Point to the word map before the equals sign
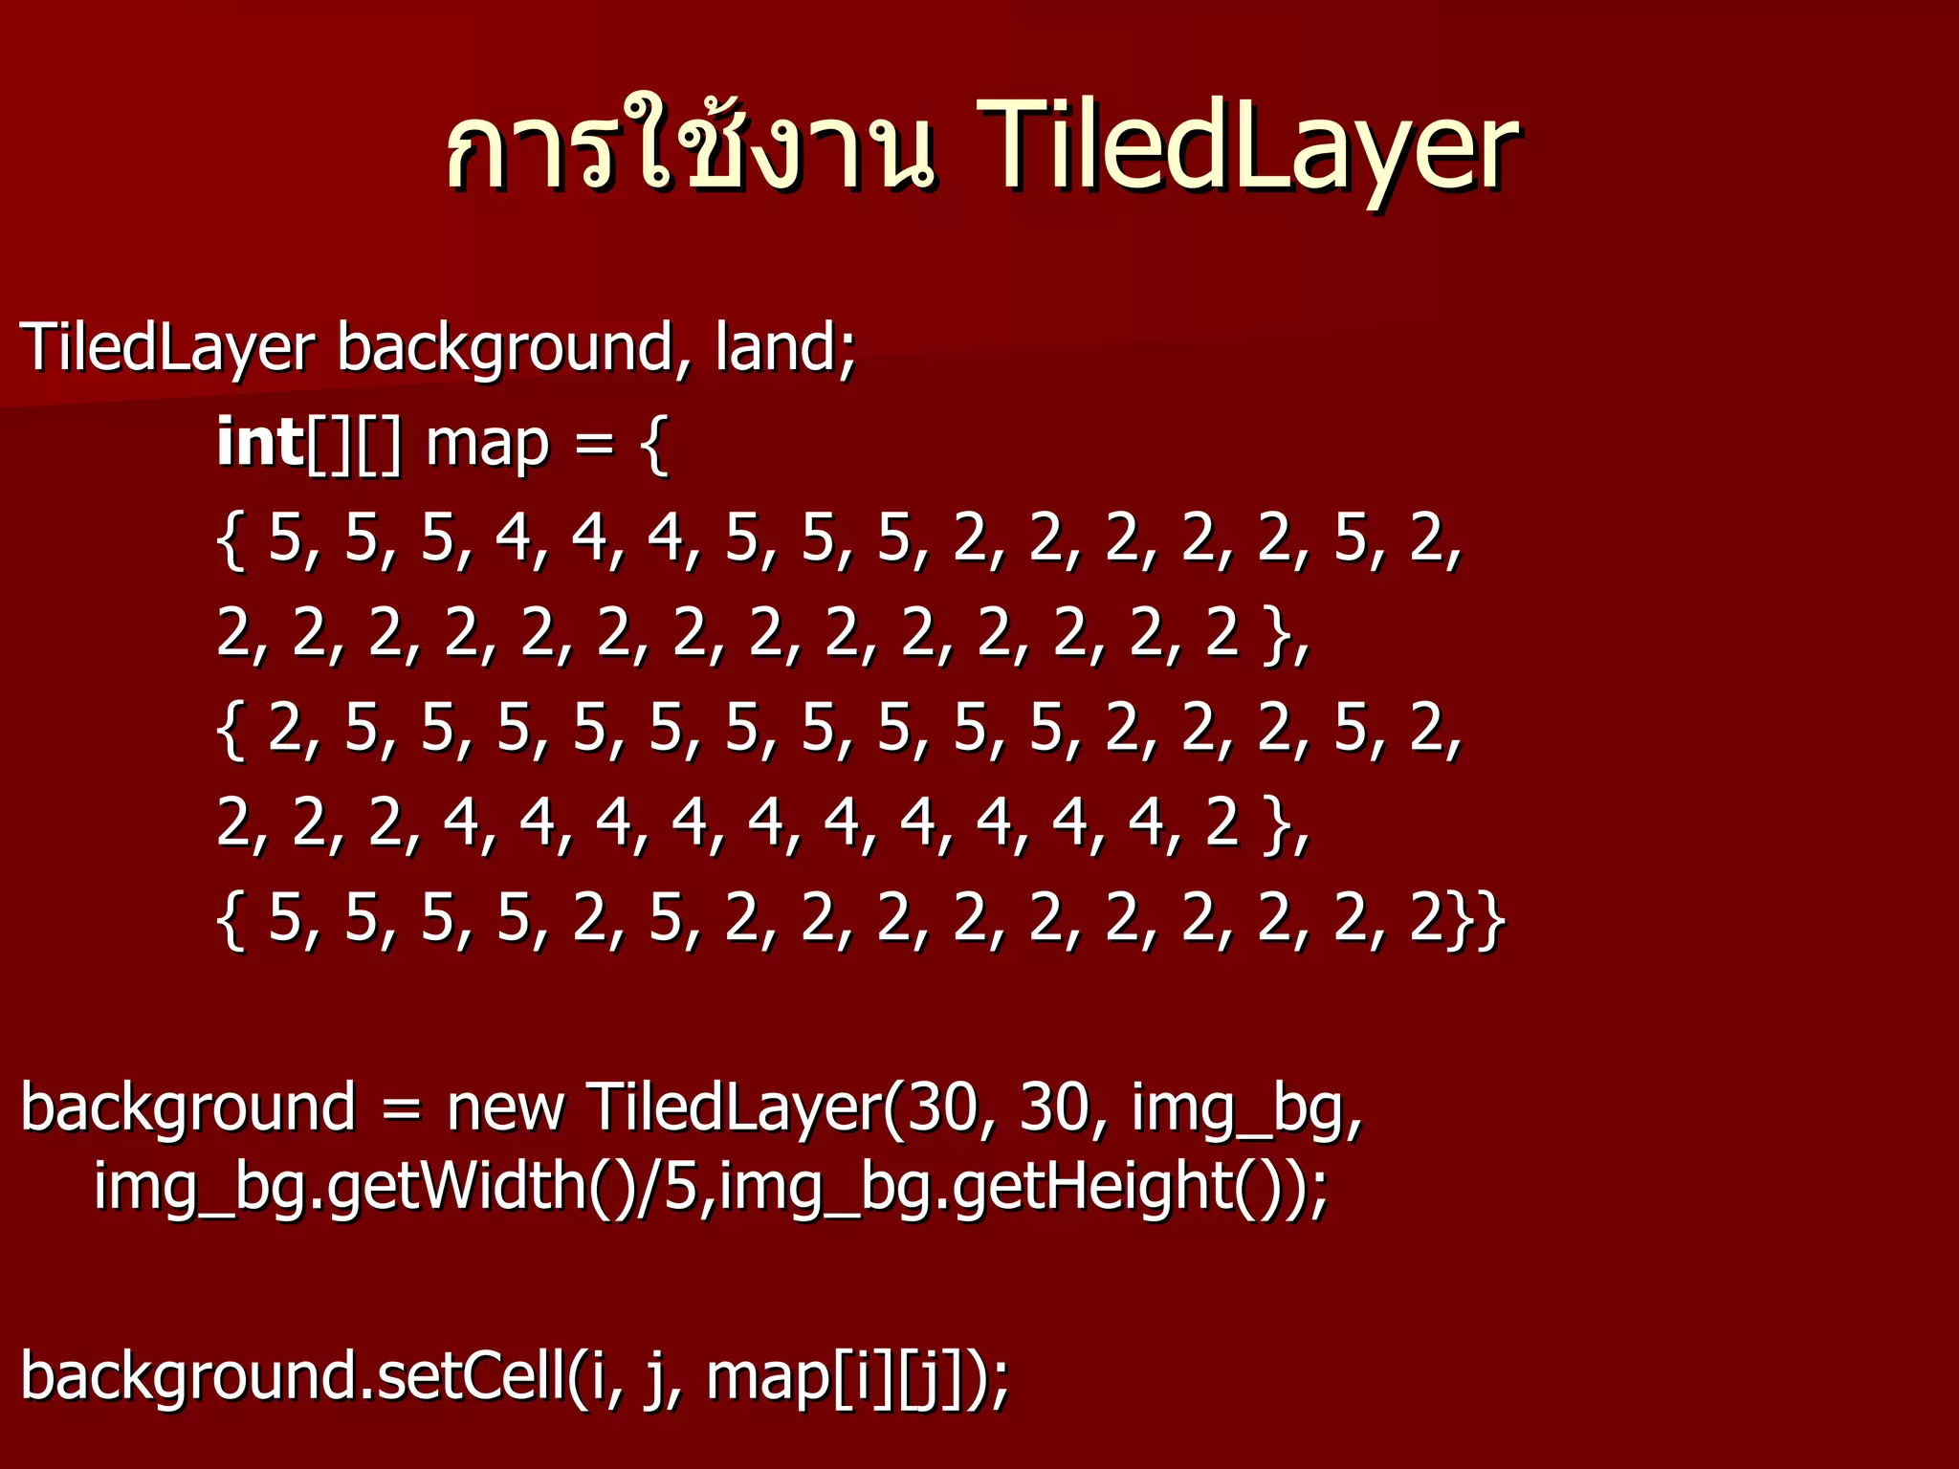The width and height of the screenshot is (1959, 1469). [x=488, y=444]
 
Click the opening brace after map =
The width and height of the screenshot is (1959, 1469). [x=654, y=444]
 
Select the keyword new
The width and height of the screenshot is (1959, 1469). [x=506, y=1107]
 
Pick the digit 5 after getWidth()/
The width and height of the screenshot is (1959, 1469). [x=680, y=1186]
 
